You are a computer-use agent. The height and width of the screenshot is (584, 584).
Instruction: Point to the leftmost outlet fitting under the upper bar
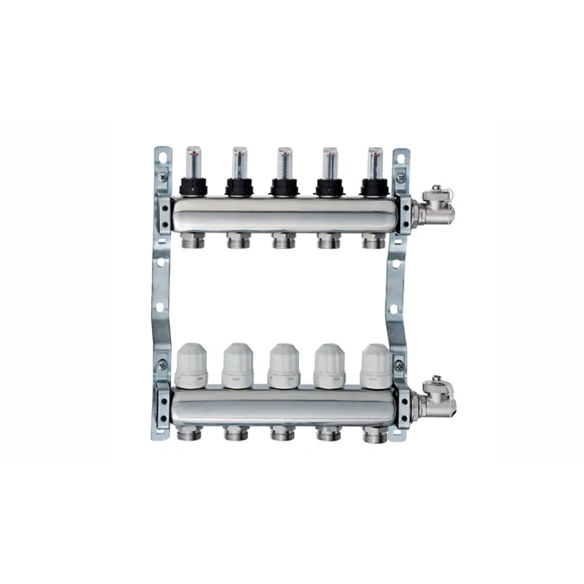[192, 241]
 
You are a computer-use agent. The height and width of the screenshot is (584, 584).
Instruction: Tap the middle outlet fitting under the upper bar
[283, 241]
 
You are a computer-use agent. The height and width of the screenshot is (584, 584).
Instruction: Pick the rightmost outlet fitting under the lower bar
[374, 434]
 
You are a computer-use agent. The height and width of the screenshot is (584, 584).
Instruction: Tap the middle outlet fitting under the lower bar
[283, 434]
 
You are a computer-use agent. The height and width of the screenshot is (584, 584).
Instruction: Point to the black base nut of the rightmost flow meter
[374, 187]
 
